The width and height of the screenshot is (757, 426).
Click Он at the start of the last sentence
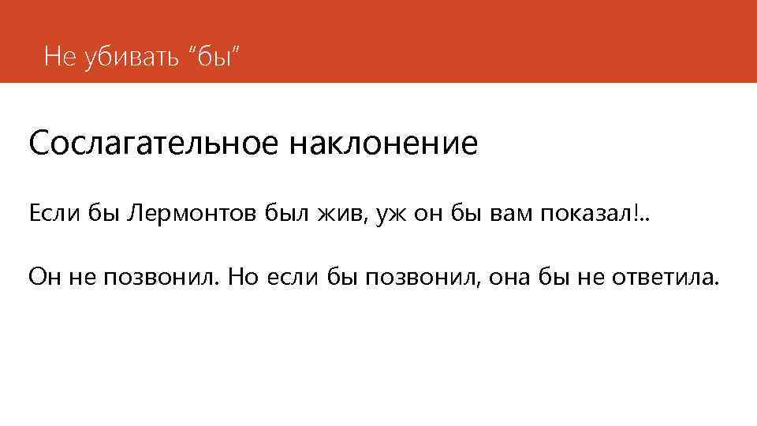[43, 277]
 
